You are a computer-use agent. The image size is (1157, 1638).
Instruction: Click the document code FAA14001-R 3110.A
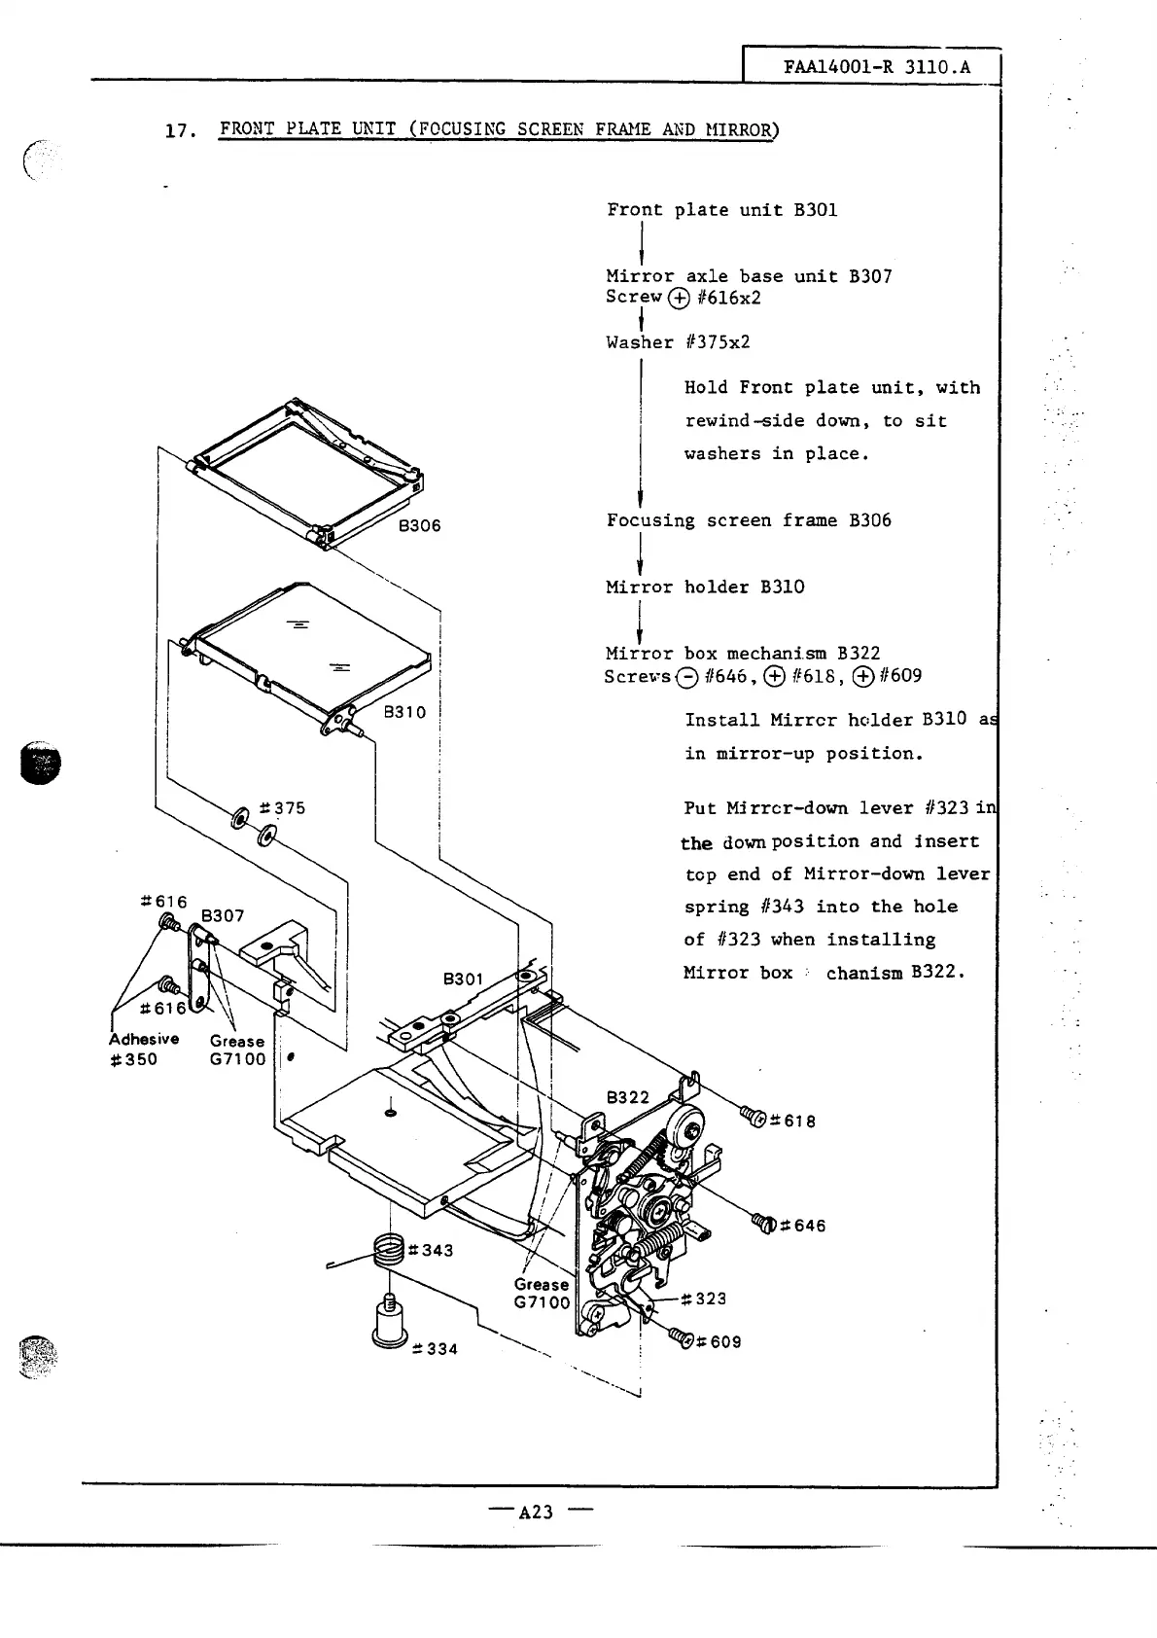point(875,69)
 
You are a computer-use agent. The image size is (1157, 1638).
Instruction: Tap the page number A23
point(536,1512)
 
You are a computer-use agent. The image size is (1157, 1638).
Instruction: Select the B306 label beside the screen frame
point(419,526)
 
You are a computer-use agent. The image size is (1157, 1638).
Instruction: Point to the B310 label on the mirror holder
point(404,712)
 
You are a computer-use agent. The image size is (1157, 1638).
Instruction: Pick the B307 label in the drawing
point(223,915)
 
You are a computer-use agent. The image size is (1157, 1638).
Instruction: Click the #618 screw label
point(792,1121)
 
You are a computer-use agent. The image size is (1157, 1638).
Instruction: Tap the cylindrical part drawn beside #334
point(389,1326)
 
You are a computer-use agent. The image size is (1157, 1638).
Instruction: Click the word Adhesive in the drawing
point(144,1039)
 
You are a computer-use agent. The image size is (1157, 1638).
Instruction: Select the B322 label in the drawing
point(628,1097)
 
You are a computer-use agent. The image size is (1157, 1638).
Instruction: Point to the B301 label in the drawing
point(463,979)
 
